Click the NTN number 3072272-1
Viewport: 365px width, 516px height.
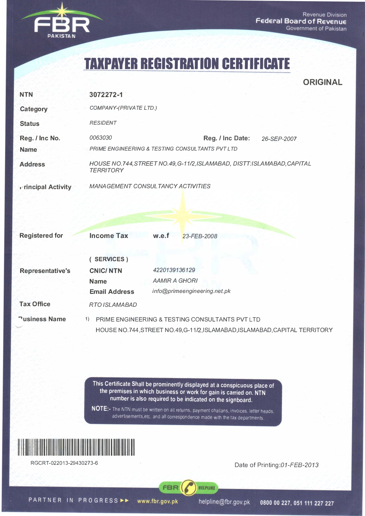[106, 95]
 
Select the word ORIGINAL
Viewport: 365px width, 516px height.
[323, 82]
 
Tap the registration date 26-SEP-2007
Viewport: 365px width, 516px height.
[279, 139]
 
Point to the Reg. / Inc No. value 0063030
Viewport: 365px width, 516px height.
[101, 138]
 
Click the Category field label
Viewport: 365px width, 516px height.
[34, 109]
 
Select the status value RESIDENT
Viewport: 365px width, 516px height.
[103, 123]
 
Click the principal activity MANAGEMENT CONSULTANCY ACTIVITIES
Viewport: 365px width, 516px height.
[150, 186]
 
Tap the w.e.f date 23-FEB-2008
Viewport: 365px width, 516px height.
[200, 236]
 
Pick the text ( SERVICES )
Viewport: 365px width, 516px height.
[109, 259]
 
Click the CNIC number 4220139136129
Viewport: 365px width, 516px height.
[174, 270]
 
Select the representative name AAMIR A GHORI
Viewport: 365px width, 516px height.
[175, 281]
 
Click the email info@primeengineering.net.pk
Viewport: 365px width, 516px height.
[191, 291]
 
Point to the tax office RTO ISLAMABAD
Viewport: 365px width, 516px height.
[113, 305]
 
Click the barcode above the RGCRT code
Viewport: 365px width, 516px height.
[76, 447]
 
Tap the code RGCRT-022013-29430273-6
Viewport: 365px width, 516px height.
[64, 463]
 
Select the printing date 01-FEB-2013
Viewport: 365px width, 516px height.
[299, 465]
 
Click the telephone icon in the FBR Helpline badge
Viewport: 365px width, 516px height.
[188, 487]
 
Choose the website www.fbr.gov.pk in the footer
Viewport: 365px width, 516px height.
[157, 501]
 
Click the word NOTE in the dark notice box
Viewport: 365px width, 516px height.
[99, 409]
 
